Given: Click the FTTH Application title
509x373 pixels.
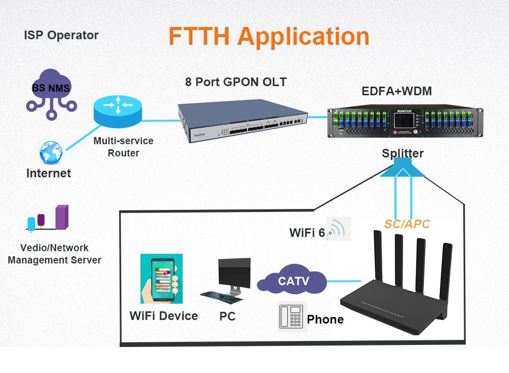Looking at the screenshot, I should [269, 37].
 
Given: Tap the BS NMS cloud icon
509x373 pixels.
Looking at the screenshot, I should [51, 92].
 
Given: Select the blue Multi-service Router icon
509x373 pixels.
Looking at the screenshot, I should [118, 112].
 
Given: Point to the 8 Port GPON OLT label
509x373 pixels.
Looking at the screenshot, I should [236, 82].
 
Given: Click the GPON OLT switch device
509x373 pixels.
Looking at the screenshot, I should [242, 121].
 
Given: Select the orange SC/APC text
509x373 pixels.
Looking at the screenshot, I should [407, 224].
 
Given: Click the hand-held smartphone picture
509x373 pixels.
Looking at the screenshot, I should [161, 279].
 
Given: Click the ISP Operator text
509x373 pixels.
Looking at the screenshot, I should [61, 36].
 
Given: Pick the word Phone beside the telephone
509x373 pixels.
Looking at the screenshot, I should [325, 319].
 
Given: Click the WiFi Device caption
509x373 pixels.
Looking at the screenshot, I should [163, 316].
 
